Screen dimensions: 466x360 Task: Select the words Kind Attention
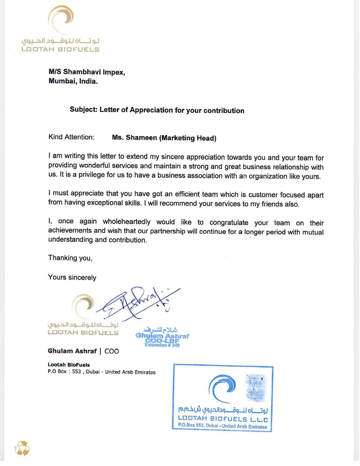pos(71,137)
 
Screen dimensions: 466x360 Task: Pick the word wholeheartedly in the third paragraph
pos(126,222)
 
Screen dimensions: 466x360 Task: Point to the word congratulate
pos(229,223)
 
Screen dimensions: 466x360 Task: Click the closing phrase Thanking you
pos(70,258)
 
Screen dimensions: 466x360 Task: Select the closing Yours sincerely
pos(72,277)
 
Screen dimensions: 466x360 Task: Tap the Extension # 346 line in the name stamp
pos(162,345)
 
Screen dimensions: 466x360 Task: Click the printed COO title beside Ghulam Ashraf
pos(112,351)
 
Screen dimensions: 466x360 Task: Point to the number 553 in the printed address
pos(76,372)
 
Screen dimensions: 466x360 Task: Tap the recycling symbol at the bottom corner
pos(22,448)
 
